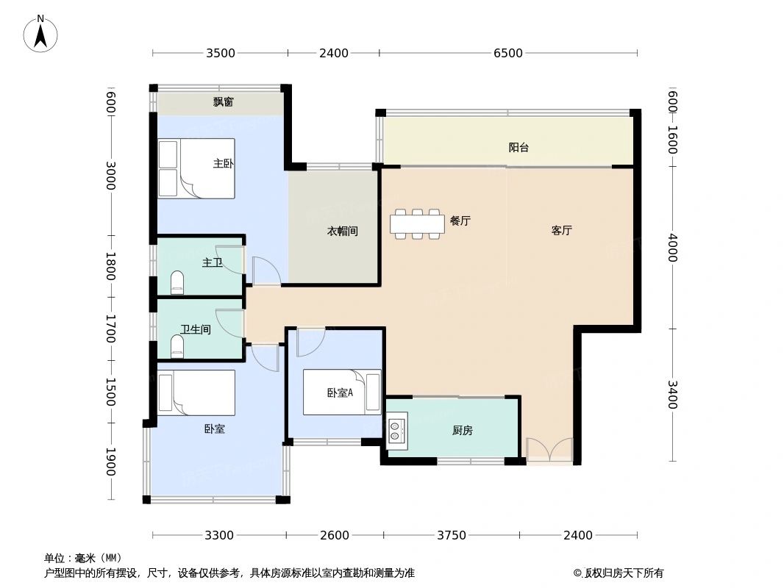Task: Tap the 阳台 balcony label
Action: (x=518, y=147)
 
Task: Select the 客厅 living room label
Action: (x=561, y=230)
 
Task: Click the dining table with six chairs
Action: (x=417, y=223)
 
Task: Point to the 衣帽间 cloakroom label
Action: (x=342, y=231)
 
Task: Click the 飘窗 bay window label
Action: (x=224, y=102)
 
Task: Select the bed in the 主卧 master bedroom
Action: (x=196, y=168)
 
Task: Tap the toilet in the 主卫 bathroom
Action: (x=177, y=282)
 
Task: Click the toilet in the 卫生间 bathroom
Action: (x=177, y=346)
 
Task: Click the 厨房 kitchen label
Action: (x=462, y=431)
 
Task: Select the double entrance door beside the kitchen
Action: (x=549, y=450)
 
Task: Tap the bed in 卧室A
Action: (x=342, y=392)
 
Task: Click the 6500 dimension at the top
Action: (x=507, y=53)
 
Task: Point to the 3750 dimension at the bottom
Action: (x=451, y=535)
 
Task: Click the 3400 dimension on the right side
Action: (x=672, y=396)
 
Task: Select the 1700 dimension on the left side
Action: (x=110, y=329)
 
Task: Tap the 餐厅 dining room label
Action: (x=460, y=220)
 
